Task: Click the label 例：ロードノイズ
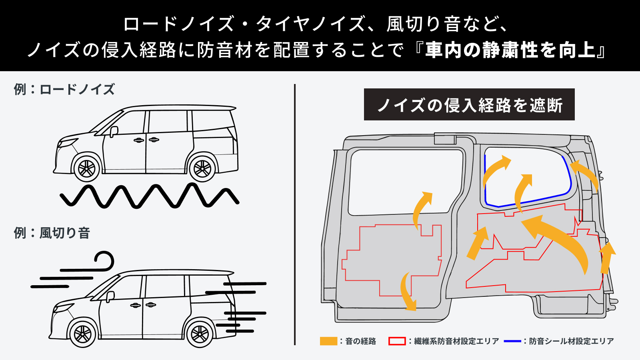tap(64, 89)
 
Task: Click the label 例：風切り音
tap(52, 233)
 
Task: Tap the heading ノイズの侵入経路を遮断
tap(469, 105)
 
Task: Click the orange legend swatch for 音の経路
tap(328, 341)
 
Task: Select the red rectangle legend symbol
tap(397, 341)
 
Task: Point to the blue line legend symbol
tap(512, 341)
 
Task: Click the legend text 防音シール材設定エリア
tap(571, 341)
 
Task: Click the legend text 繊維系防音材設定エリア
tap(456, 341)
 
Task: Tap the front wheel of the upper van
tap(86, 168)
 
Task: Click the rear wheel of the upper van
tap(202, 168)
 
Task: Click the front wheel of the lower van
tap(82, 333)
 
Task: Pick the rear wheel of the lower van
tap(200, 333)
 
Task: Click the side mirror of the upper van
tap(114, 131)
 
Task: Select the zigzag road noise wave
tap(149, 196)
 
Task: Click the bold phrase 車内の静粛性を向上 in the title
tap(510, 50)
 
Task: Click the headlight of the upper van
tap(67, 143)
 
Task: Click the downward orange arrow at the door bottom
tap(408, 292)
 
